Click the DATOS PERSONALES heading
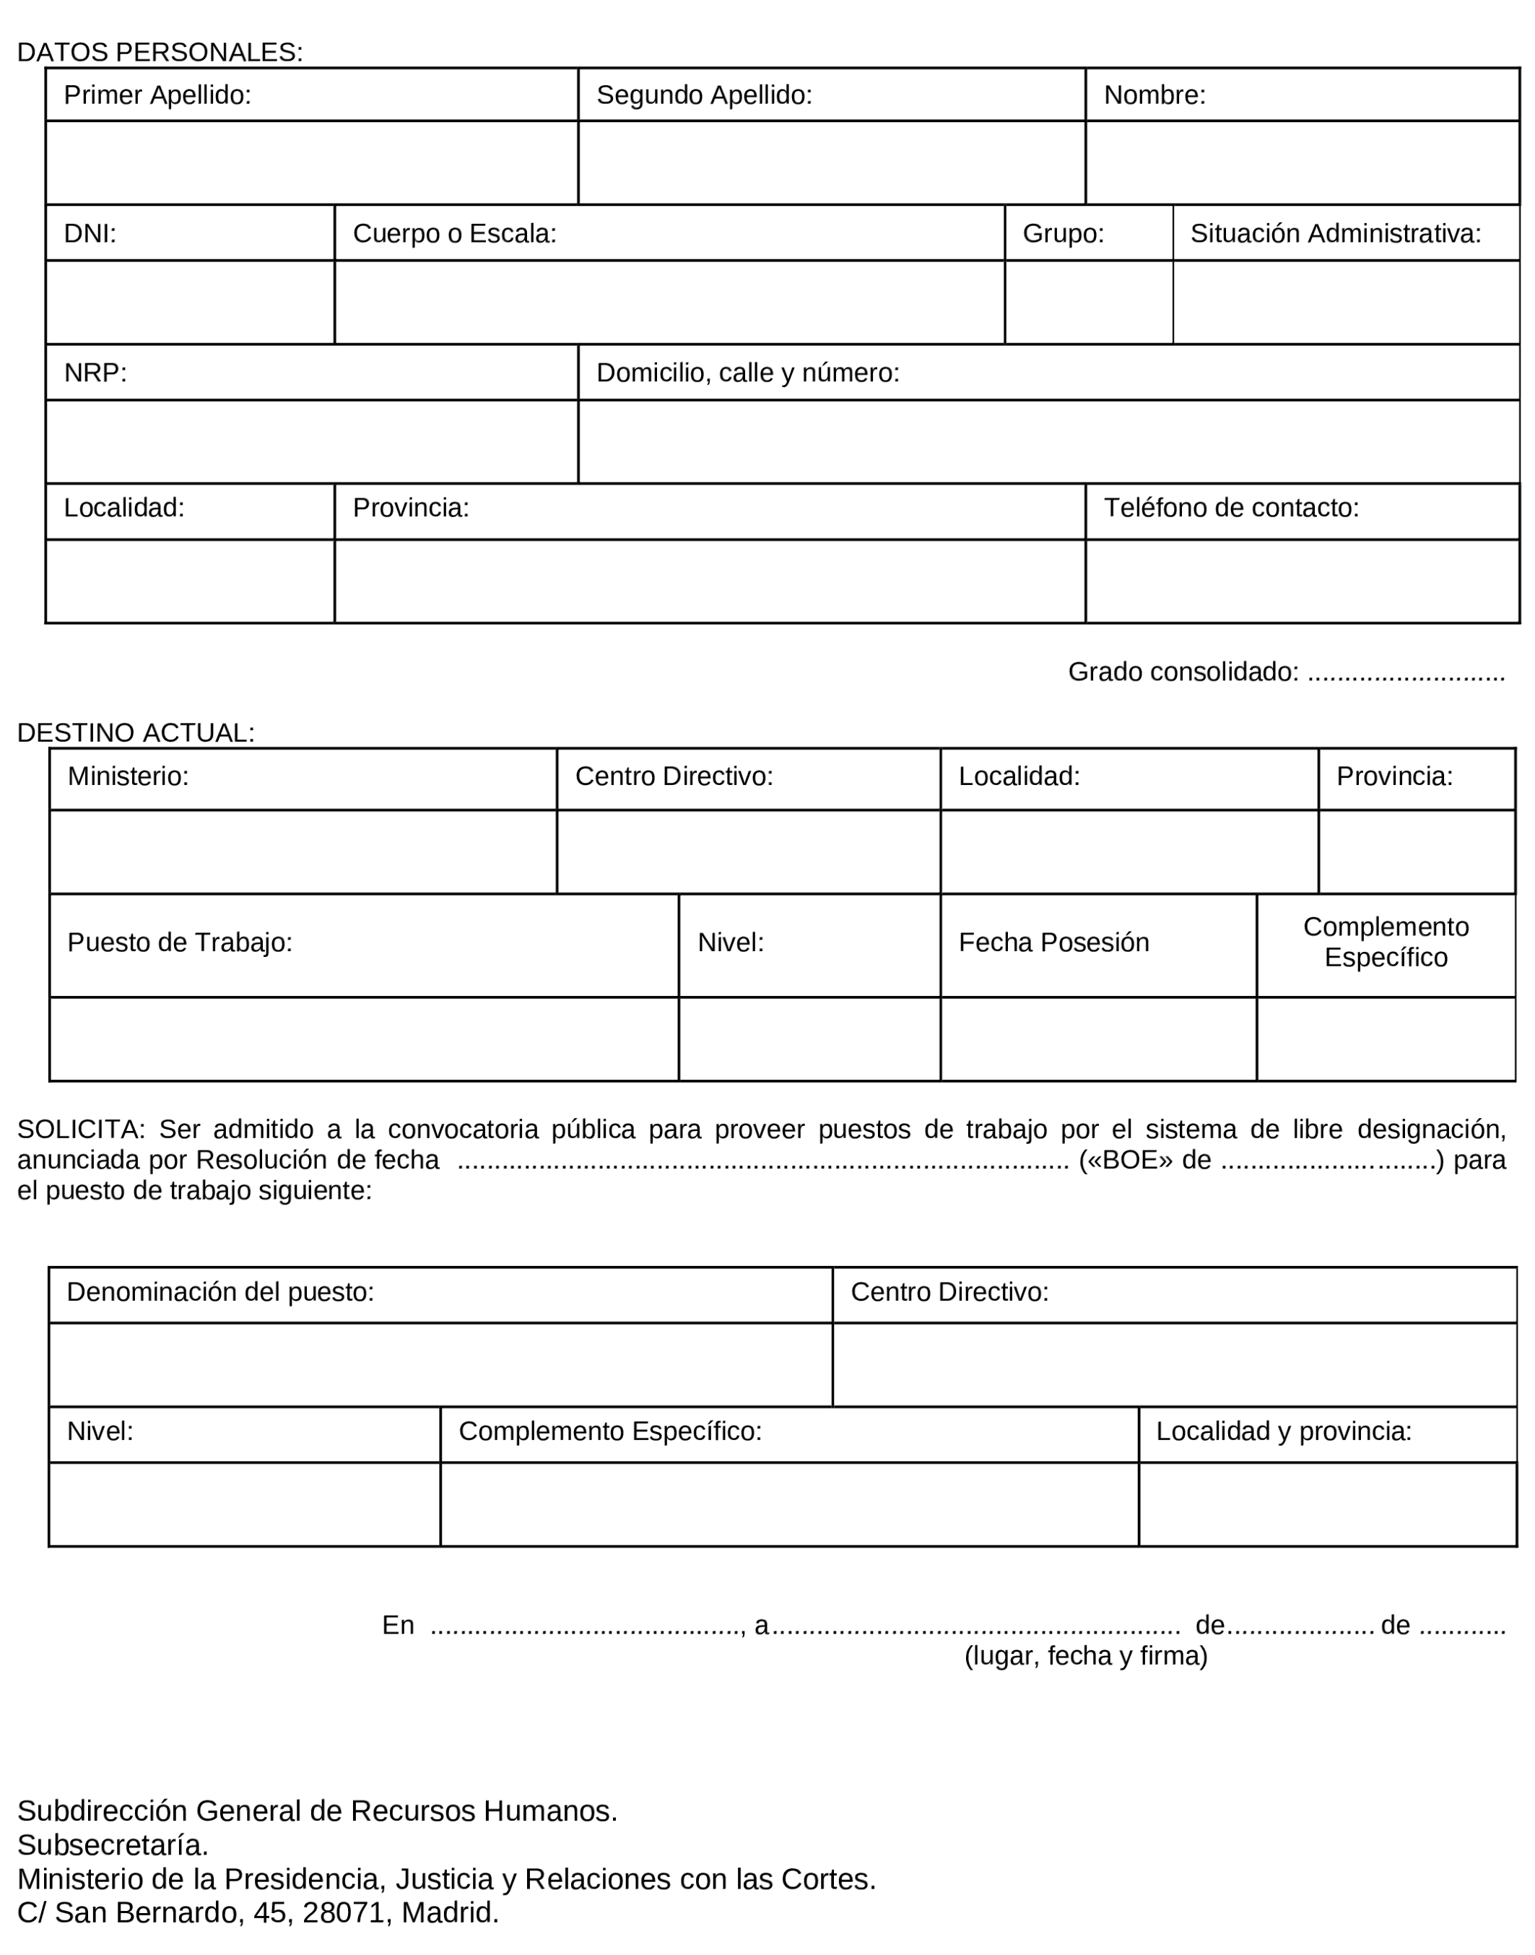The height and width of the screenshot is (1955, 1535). click(160, 52)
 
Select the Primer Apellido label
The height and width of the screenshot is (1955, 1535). click(157, 95)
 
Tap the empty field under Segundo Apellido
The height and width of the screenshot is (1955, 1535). click(831, 162)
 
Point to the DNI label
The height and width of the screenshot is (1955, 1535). click(90, 234)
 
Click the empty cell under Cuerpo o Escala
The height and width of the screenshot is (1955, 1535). click(669, 302)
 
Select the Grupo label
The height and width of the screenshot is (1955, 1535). click(1064, 234)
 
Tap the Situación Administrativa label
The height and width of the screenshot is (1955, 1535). click(1336, 234)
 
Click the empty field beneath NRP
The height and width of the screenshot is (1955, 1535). click(311, 441)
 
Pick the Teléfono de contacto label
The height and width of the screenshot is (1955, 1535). click(1231, 508)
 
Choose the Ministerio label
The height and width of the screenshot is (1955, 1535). click(129, 776)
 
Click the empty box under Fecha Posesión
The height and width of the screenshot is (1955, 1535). click(1098, 1039)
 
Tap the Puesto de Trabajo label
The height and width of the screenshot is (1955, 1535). click(180, 943)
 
